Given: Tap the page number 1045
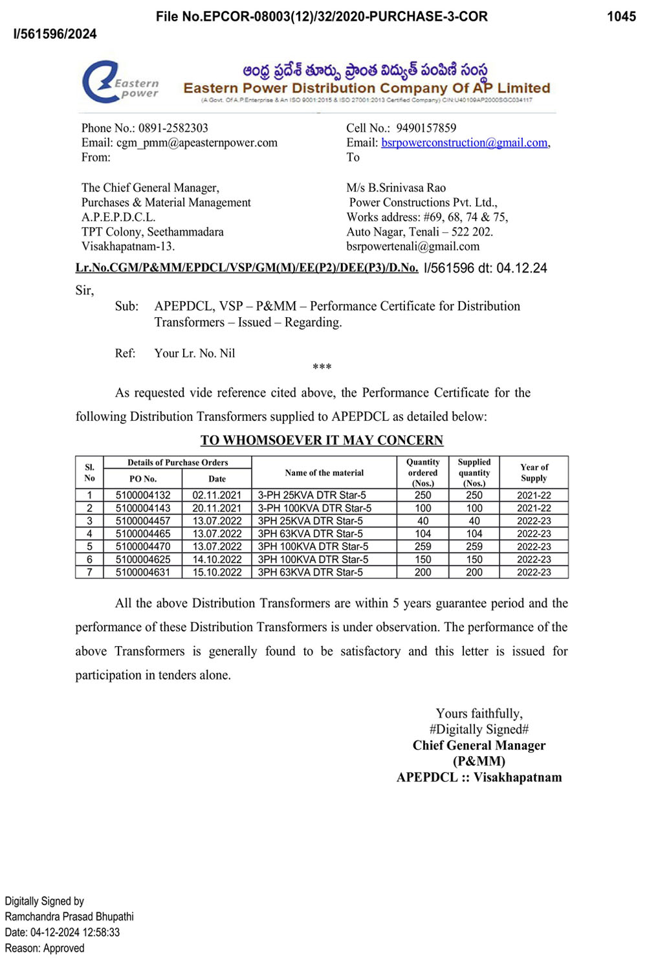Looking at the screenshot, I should click(x=621, y=17).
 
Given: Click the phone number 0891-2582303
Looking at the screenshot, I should click(x=173, y=128).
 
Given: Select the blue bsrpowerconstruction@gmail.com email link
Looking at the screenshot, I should click(x=464, y=143).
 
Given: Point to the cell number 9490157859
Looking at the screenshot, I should click(x=426, y=128).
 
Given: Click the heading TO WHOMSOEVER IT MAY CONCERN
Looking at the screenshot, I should click(x=322, y=440).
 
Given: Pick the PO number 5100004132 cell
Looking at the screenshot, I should click(x=143, y=495).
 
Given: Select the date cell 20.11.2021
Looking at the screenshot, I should click(x=217, y=508).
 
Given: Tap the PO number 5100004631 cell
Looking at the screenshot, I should click(x=143, y=572).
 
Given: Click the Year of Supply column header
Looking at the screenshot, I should click(x=534, y=473).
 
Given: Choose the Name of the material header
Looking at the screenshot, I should click(x=324, y=473).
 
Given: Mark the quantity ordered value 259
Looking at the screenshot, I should click(x=423, y=546).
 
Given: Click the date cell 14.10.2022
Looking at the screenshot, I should click(x=217, y=559).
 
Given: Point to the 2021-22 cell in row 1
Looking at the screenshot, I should click(x=534, y=495).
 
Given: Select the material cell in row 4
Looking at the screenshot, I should click(x=311, y=534).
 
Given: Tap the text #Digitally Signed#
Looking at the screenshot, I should click(x=479, y=730).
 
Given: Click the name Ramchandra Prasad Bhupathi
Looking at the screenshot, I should click(x=69, y=917).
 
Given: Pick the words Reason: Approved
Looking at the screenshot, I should click(x=45, y=948).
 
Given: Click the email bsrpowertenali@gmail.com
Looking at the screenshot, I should click(x=413, y=247).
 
